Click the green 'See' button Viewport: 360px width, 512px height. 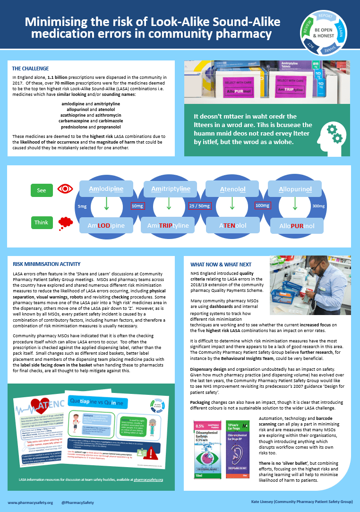coord(42,190)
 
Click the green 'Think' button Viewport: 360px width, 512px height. coord(42,222)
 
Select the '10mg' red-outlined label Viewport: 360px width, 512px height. coord(138,206)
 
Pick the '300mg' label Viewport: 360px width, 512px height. coord(319,206)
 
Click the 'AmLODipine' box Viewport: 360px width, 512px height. coord(106,226)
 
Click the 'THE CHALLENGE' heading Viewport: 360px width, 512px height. coord(30,68)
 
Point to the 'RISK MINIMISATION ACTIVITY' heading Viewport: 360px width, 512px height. coord(47,264)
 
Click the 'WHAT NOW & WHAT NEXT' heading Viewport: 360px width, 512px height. coord(221,265)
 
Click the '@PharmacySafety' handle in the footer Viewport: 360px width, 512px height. coord(78,503)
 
